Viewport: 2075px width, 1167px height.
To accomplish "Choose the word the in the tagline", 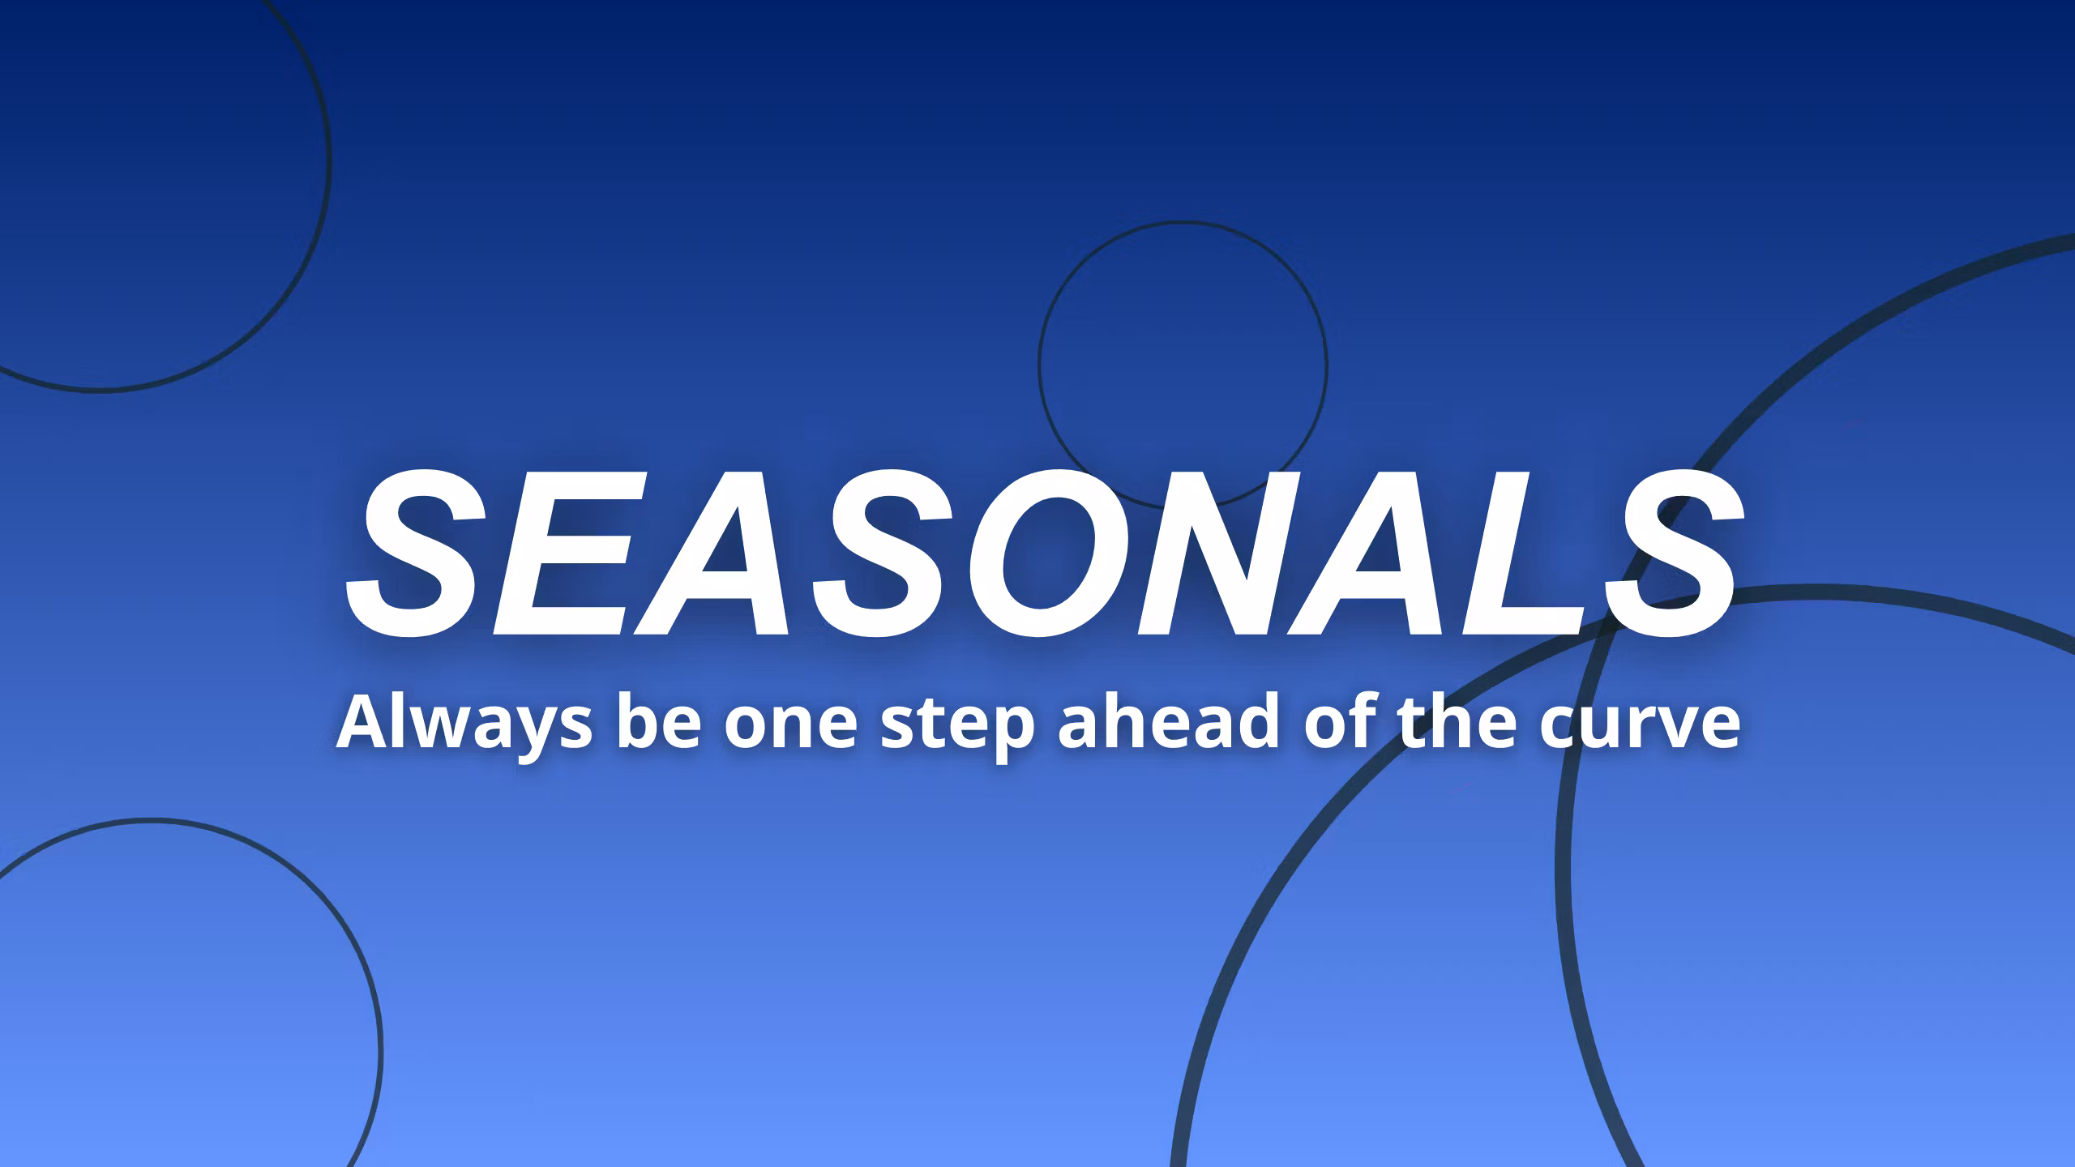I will tap(1459, 723).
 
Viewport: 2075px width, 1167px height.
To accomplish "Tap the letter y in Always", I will tap(519, 729).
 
